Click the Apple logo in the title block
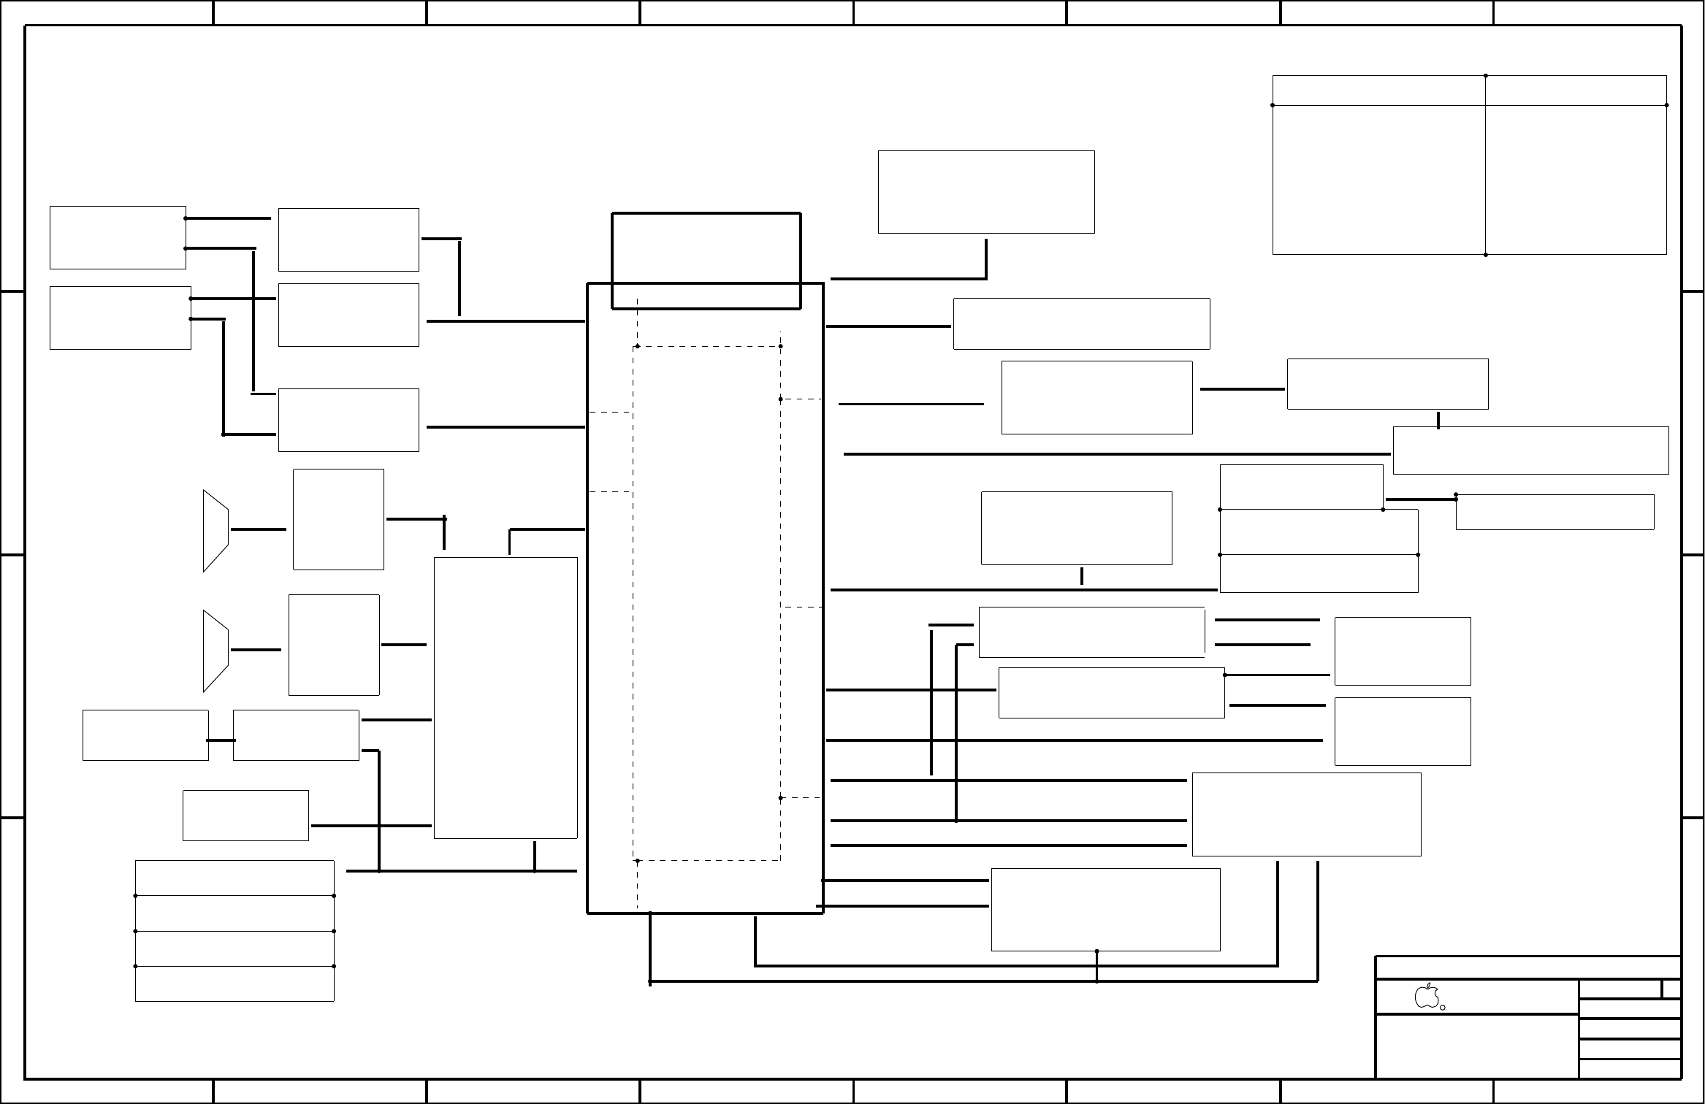coord(1426,996)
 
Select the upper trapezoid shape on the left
coord(215,530)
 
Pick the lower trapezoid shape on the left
coord(215,651)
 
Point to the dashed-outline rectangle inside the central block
coord(706,603)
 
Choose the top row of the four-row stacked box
coord(234,878)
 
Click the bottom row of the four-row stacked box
coord(234,984)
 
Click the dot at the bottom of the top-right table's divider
coord(1486,255)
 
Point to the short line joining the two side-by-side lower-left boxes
coord(221,740)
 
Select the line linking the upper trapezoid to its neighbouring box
coord(258,529)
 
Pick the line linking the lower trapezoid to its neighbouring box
coord(256,650)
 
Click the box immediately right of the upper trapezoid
coord(338,519)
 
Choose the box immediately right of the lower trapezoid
coord(334,645)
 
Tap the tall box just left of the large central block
coord(506,698)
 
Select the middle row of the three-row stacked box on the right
coord(1319,532)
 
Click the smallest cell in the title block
coord(1671,989)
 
